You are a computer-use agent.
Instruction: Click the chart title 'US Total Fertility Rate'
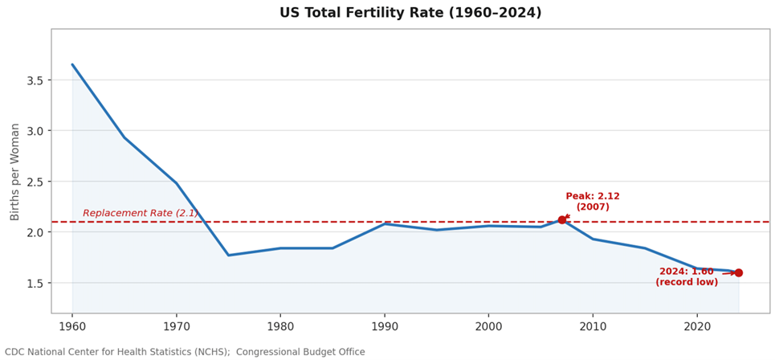[410, 13]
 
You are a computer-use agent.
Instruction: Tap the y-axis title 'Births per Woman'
[15, 171]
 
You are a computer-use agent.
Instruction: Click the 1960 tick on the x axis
[72, 326]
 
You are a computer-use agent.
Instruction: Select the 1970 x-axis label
[177, 326]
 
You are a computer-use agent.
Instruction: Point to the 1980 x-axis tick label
[280, 326]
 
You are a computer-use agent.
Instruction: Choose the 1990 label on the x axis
[385, 326]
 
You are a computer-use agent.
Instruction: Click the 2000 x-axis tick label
[488, 326]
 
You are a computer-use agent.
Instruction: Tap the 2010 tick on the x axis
[593, 326]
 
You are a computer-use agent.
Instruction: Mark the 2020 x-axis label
[697, 326]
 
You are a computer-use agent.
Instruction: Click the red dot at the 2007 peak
[562, 219]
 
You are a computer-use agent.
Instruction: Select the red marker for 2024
[738, 272]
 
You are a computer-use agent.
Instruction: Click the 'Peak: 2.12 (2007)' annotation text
[593, 202]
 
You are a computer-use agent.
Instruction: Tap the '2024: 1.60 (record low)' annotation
[687, 276]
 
